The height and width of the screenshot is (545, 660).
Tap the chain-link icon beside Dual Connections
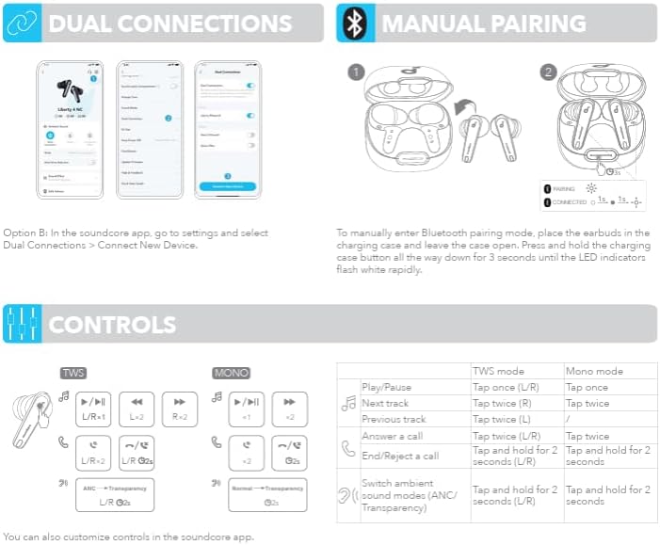[23, 23]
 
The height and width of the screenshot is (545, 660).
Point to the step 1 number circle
[355, 72]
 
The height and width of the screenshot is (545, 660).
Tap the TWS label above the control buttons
[73, 373]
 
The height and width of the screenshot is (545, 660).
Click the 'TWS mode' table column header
[499, 372]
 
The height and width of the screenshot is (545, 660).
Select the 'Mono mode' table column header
[594, 372]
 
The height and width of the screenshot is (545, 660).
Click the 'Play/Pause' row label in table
[386, 387]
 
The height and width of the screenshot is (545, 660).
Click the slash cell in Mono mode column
[568, 418]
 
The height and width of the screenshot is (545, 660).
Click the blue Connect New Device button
[227, 186]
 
